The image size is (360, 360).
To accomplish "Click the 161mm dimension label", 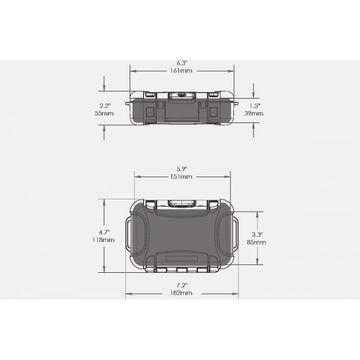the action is (181, 71).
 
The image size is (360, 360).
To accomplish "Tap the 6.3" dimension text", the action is (182, 63).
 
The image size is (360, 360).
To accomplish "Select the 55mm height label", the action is (104, 113).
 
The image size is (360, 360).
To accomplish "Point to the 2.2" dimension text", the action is (105, 106).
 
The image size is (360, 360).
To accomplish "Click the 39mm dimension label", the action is (253, 113).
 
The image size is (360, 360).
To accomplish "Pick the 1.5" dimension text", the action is (255, 106).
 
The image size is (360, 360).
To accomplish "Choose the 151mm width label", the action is (181, 176).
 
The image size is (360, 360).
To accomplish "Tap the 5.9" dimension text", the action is (181, 169).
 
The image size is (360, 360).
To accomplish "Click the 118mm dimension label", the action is (104, 240).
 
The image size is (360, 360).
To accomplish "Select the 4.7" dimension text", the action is (104, 232).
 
